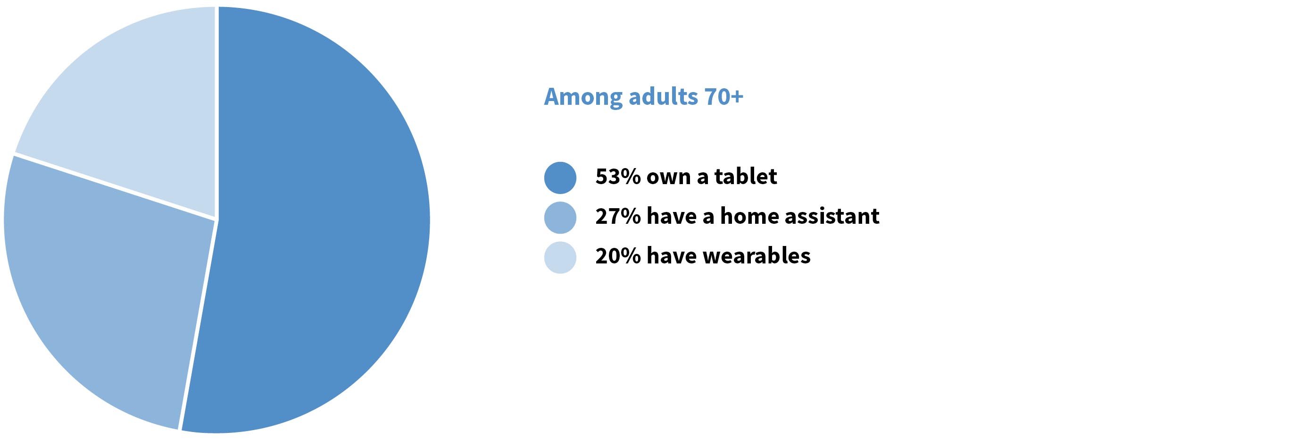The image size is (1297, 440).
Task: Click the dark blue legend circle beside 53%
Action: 560,178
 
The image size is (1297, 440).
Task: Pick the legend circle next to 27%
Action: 560,217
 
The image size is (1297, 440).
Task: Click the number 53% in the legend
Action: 617,177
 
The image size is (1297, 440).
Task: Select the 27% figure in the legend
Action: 617,216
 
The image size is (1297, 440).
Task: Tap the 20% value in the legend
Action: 617,256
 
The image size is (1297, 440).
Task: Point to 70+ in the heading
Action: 724,97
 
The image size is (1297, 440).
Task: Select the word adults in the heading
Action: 663,97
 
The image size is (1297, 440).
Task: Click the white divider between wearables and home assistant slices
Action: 116,186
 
